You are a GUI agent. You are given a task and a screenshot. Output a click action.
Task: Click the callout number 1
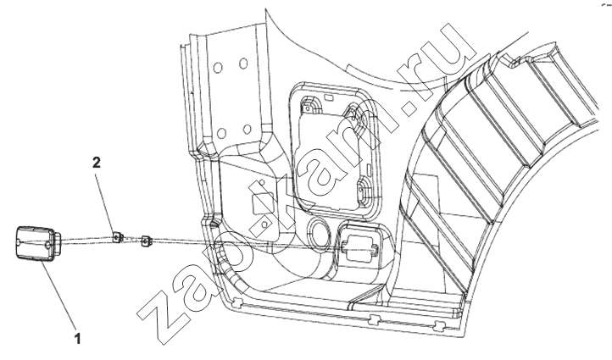pos(78,338)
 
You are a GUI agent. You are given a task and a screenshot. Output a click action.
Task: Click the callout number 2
pos(96,163)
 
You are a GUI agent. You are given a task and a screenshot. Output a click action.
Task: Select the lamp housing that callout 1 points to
pos(36,243)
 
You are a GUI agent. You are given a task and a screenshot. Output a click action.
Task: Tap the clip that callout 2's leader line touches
pos(118,236)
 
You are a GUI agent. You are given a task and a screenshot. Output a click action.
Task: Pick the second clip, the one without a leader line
pos(147,241)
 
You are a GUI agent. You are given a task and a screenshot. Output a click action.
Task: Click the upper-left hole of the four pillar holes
pos(217,68)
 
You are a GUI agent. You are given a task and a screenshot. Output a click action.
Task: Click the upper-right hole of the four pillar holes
pos(243,64)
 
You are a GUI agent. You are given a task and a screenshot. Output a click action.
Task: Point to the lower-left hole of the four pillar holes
pos(221,133)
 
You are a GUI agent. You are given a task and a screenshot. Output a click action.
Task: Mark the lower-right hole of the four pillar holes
pos(247,129)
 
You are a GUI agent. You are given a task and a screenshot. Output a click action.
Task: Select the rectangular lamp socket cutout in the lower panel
pos(360,245)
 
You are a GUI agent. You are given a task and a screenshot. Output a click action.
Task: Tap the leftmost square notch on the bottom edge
pos(237,301)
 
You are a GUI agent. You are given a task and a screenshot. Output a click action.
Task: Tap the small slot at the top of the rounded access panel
pos(328,97)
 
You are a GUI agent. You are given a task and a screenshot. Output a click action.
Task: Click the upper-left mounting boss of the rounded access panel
pos(309,106)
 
